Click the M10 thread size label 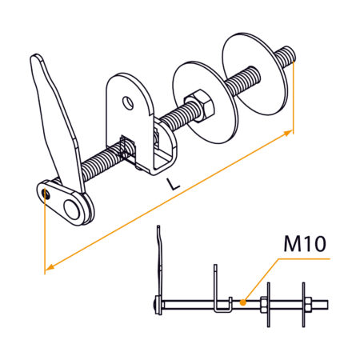click(x=304, y=244)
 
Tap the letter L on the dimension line click(x=174, y=184)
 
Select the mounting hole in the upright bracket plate click(x=127, y=102)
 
